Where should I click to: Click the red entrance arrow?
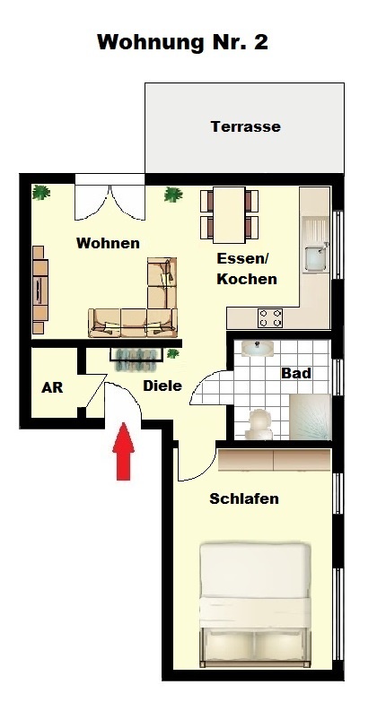123,451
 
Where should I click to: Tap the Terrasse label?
246,126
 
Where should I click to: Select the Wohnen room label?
108,243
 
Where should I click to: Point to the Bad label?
296,373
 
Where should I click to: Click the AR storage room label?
52,387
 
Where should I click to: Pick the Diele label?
162,386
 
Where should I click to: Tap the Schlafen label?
244,498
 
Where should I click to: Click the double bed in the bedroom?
255,604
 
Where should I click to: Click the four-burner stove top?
270,318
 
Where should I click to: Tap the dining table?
229,215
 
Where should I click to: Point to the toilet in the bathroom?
259,424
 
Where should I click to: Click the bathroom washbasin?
258,349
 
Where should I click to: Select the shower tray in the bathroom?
311,417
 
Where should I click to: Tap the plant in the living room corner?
41,193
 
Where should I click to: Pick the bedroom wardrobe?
275,460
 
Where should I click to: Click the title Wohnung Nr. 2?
182,42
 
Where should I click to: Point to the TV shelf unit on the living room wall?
39,290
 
